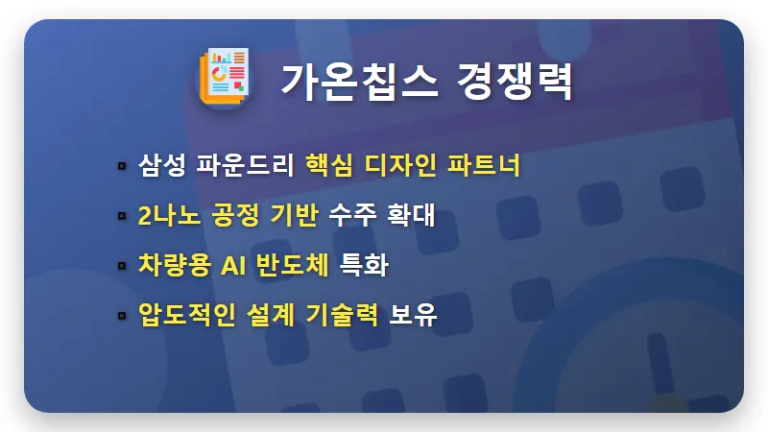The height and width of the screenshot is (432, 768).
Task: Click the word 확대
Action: point(411,215)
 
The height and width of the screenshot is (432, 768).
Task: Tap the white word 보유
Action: point(414,315)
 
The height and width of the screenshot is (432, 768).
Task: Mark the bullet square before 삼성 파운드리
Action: point(122,166)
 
